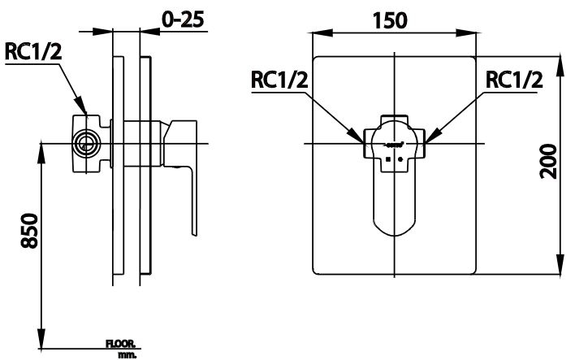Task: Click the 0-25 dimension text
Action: tap(183, 18)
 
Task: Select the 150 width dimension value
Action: tap(392, 18)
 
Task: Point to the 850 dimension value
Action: tap(27, 234)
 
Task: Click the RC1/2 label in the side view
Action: tap(32, 52)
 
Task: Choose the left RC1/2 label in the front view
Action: tap(280, 80)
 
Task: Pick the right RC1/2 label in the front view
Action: tap(513, 80)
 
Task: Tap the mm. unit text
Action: tap(127, 354)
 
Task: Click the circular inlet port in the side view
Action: tap(83, 144)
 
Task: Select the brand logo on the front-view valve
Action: tap(395, 145)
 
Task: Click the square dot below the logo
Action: tap(388, 159)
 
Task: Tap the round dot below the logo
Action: tap(400, 159)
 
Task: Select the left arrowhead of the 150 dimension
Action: tap(318, 33)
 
